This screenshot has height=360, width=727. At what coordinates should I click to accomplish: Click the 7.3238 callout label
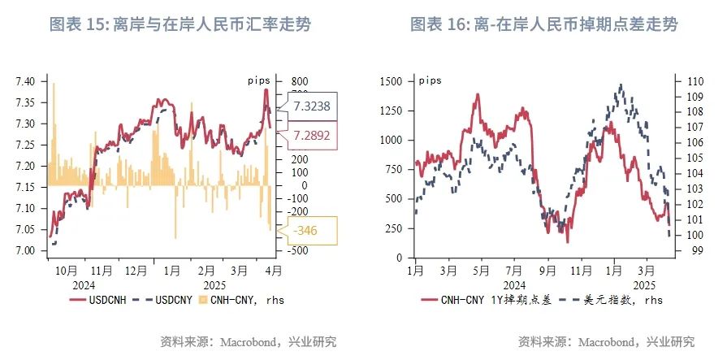click(313, 106)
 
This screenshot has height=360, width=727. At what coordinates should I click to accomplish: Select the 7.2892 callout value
click(312, 136)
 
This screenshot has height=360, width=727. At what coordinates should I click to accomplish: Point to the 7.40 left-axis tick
click(25, 82)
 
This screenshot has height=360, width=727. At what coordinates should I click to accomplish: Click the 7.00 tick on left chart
click(25, 251)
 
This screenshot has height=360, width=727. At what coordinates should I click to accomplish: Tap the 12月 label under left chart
click(136, 271)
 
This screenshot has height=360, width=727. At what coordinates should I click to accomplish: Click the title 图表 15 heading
click(180, 25)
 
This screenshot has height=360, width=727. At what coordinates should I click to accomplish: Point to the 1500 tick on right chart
click(390, 81)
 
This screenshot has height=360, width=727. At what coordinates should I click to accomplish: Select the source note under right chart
click(606, 341)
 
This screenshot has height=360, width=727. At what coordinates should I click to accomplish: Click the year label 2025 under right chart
click(643, 285)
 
